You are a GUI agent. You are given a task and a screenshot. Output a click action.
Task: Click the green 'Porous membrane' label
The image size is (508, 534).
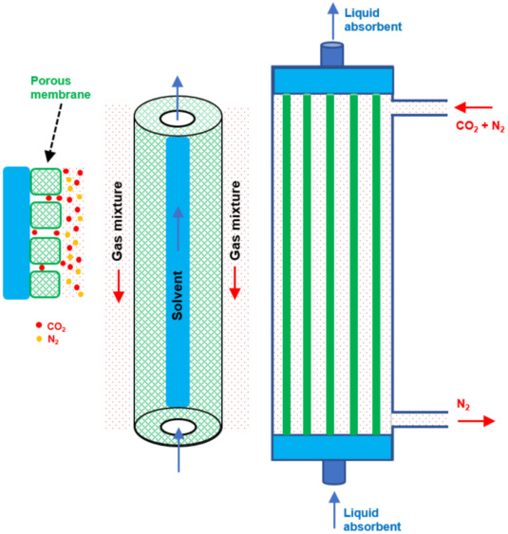click(61, 87)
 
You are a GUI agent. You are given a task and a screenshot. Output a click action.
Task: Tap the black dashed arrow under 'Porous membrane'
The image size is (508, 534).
click(55, 132)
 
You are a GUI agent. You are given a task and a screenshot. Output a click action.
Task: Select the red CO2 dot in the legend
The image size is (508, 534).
click(39, 325)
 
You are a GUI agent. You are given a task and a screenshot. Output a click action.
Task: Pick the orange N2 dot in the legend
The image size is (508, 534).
click(39, 339)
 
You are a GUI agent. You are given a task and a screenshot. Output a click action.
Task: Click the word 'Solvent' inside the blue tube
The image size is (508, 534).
click(178, 295)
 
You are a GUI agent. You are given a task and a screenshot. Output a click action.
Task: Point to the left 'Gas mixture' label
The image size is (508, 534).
click(117, 221)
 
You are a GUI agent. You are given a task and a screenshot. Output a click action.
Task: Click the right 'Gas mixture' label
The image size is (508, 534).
click(235, 221)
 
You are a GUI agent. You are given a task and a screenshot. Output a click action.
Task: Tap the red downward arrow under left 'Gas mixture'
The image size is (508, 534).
click(119, 285)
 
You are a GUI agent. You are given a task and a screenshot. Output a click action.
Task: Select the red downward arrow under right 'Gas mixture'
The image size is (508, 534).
click(235, 284)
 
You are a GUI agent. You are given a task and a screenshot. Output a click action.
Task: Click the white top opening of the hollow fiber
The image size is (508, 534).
click(178, 120)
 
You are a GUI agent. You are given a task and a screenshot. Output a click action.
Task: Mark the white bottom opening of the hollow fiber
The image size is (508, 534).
click(179, 428)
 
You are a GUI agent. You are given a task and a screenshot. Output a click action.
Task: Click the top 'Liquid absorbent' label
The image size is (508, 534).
click(373, 20)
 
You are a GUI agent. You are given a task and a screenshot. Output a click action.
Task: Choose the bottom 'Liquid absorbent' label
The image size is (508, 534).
click(372, 520)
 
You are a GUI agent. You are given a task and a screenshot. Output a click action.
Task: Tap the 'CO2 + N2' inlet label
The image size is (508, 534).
click(480, 126)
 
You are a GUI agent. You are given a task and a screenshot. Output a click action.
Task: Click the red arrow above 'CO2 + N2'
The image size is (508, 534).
click(474, 107)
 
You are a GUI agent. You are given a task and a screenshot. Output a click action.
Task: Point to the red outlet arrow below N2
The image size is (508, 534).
click(476, 421)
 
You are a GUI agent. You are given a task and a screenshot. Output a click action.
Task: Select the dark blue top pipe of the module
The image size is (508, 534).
click(331, 54)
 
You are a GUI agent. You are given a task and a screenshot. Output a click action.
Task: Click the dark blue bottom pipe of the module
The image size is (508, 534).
click(334, 472)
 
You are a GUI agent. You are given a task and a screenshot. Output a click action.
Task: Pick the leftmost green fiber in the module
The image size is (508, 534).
click(287, 265)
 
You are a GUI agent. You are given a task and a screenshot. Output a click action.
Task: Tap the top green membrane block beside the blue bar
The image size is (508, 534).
click(46, 181)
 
